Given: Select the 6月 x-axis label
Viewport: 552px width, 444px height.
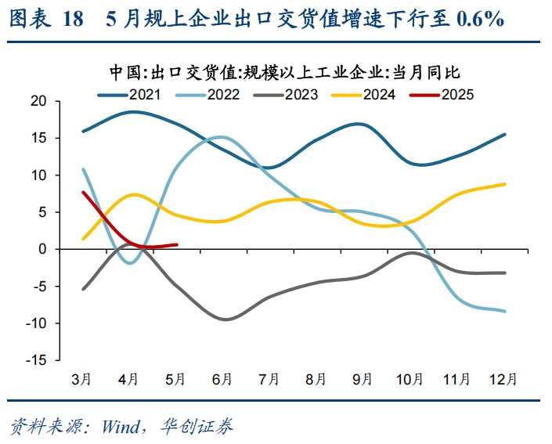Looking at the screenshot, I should (222, 379).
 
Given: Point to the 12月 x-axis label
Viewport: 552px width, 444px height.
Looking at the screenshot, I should (503, 379).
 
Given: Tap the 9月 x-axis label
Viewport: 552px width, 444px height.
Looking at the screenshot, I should (363, 379).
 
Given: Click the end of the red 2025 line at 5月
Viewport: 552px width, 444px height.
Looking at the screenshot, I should (177, 244).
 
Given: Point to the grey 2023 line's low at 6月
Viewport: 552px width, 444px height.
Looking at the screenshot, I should (225, 319).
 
